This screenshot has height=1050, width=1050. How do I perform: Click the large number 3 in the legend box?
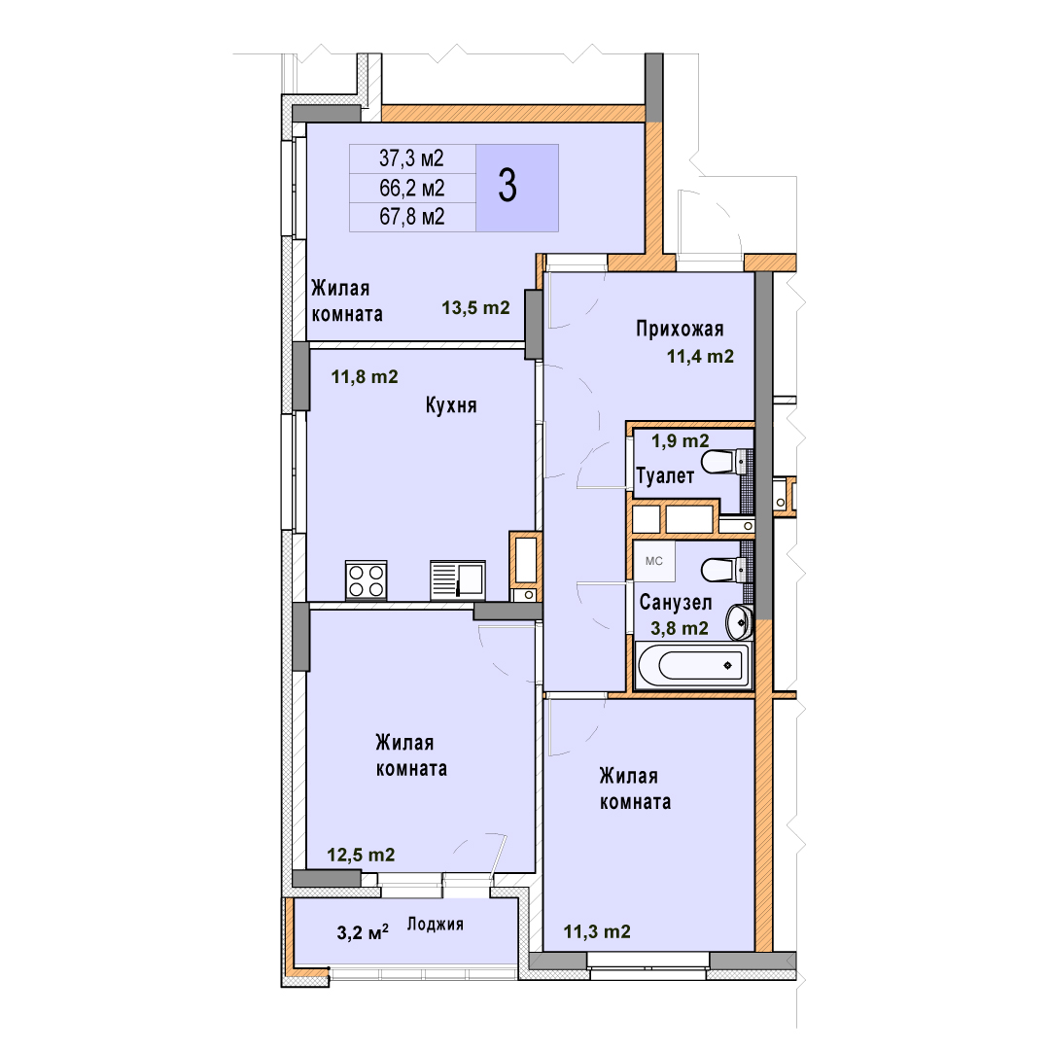pos(507,186)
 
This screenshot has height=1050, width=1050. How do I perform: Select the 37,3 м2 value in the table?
pos(412,158)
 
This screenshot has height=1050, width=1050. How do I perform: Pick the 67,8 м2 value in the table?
pos(412,217)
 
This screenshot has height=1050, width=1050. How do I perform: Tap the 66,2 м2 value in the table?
pos(412,189)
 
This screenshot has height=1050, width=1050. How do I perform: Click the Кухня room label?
pos(451,405)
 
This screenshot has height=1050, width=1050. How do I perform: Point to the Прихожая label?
pos(680,329)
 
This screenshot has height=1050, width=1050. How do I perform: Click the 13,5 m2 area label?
pos(475,307)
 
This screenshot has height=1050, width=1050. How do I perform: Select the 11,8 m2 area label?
pos(365,377)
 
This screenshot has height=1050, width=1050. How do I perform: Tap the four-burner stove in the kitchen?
pos(367,579)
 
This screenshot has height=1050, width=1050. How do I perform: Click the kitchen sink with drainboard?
pos(458,579)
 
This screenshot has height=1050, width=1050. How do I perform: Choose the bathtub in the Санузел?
pos(693,665)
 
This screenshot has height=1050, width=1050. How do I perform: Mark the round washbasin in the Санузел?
pos(739,621)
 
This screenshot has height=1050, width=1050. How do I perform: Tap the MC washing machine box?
pos(654,561)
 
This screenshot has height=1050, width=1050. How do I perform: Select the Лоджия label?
pos(436,925)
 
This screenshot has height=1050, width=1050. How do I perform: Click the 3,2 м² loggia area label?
pos(363,932)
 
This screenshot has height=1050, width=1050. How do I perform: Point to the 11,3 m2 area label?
pos(597,931)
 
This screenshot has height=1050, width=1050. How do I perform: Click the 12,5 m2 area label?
pos(361,856)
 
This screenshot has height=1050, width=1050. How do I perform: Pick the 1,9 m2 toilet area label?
pos(681,440)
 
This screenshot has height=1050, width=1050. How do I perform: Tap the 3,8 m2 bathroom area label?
pos(679,628)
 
